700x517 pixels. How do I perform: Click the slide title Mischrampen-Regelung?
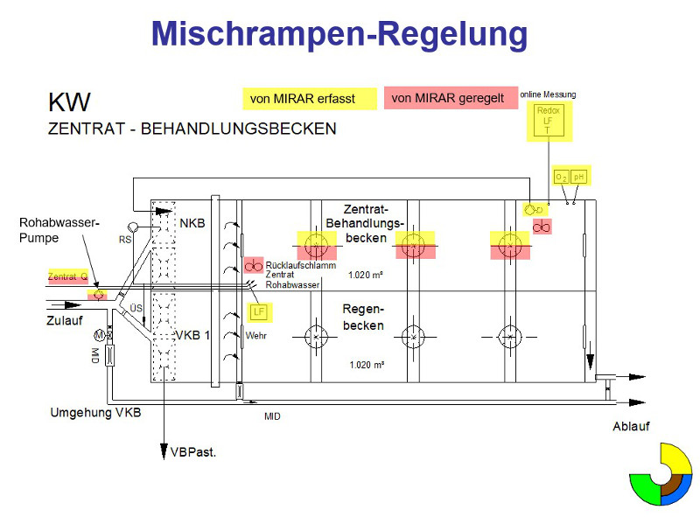339,34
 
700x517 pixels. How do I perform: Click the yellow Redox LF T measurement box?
549,121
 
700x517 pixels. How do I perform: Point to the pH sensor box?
578,178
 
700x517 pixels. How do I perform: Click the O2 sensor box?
562,178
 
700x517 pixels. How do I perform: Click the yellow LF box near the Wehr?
258,312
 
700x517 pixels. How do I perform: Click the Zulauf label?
64,320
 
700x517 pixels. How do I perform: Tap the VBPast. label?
192,452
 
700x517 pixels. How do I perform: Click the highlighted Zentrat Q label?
67,276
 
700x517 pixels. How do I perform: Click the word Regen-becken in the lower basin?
363,318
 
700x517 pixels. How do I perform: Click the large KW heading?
68,102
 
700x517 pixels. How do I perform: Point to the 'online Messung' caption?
548,94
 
